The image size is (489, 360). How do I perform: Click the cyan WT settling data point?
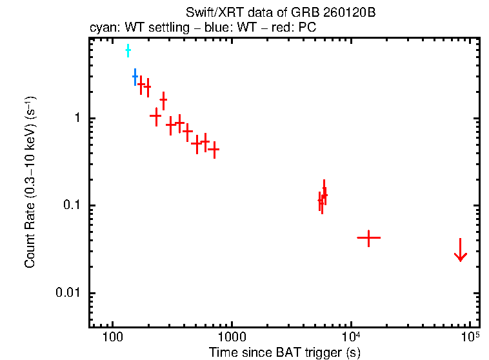(x=128, y=50)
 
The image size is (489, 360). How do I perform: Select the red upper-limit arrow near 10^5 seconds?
(x=460, y=252)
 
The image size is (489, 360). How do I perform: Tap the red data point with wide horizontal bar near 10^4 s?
(x=368, y=237)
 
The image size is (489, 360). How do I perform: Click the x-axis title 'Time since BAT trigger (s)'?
(x=284, y=352)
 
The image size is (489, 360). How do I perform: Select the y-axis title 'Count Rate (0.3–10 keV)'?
(x=30, y=183)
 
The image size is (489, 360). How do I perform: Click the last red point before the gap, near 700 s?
(x=214, y=149)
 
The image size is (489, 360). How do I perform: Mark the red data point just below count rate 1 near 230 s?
(x=155, y=115)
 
